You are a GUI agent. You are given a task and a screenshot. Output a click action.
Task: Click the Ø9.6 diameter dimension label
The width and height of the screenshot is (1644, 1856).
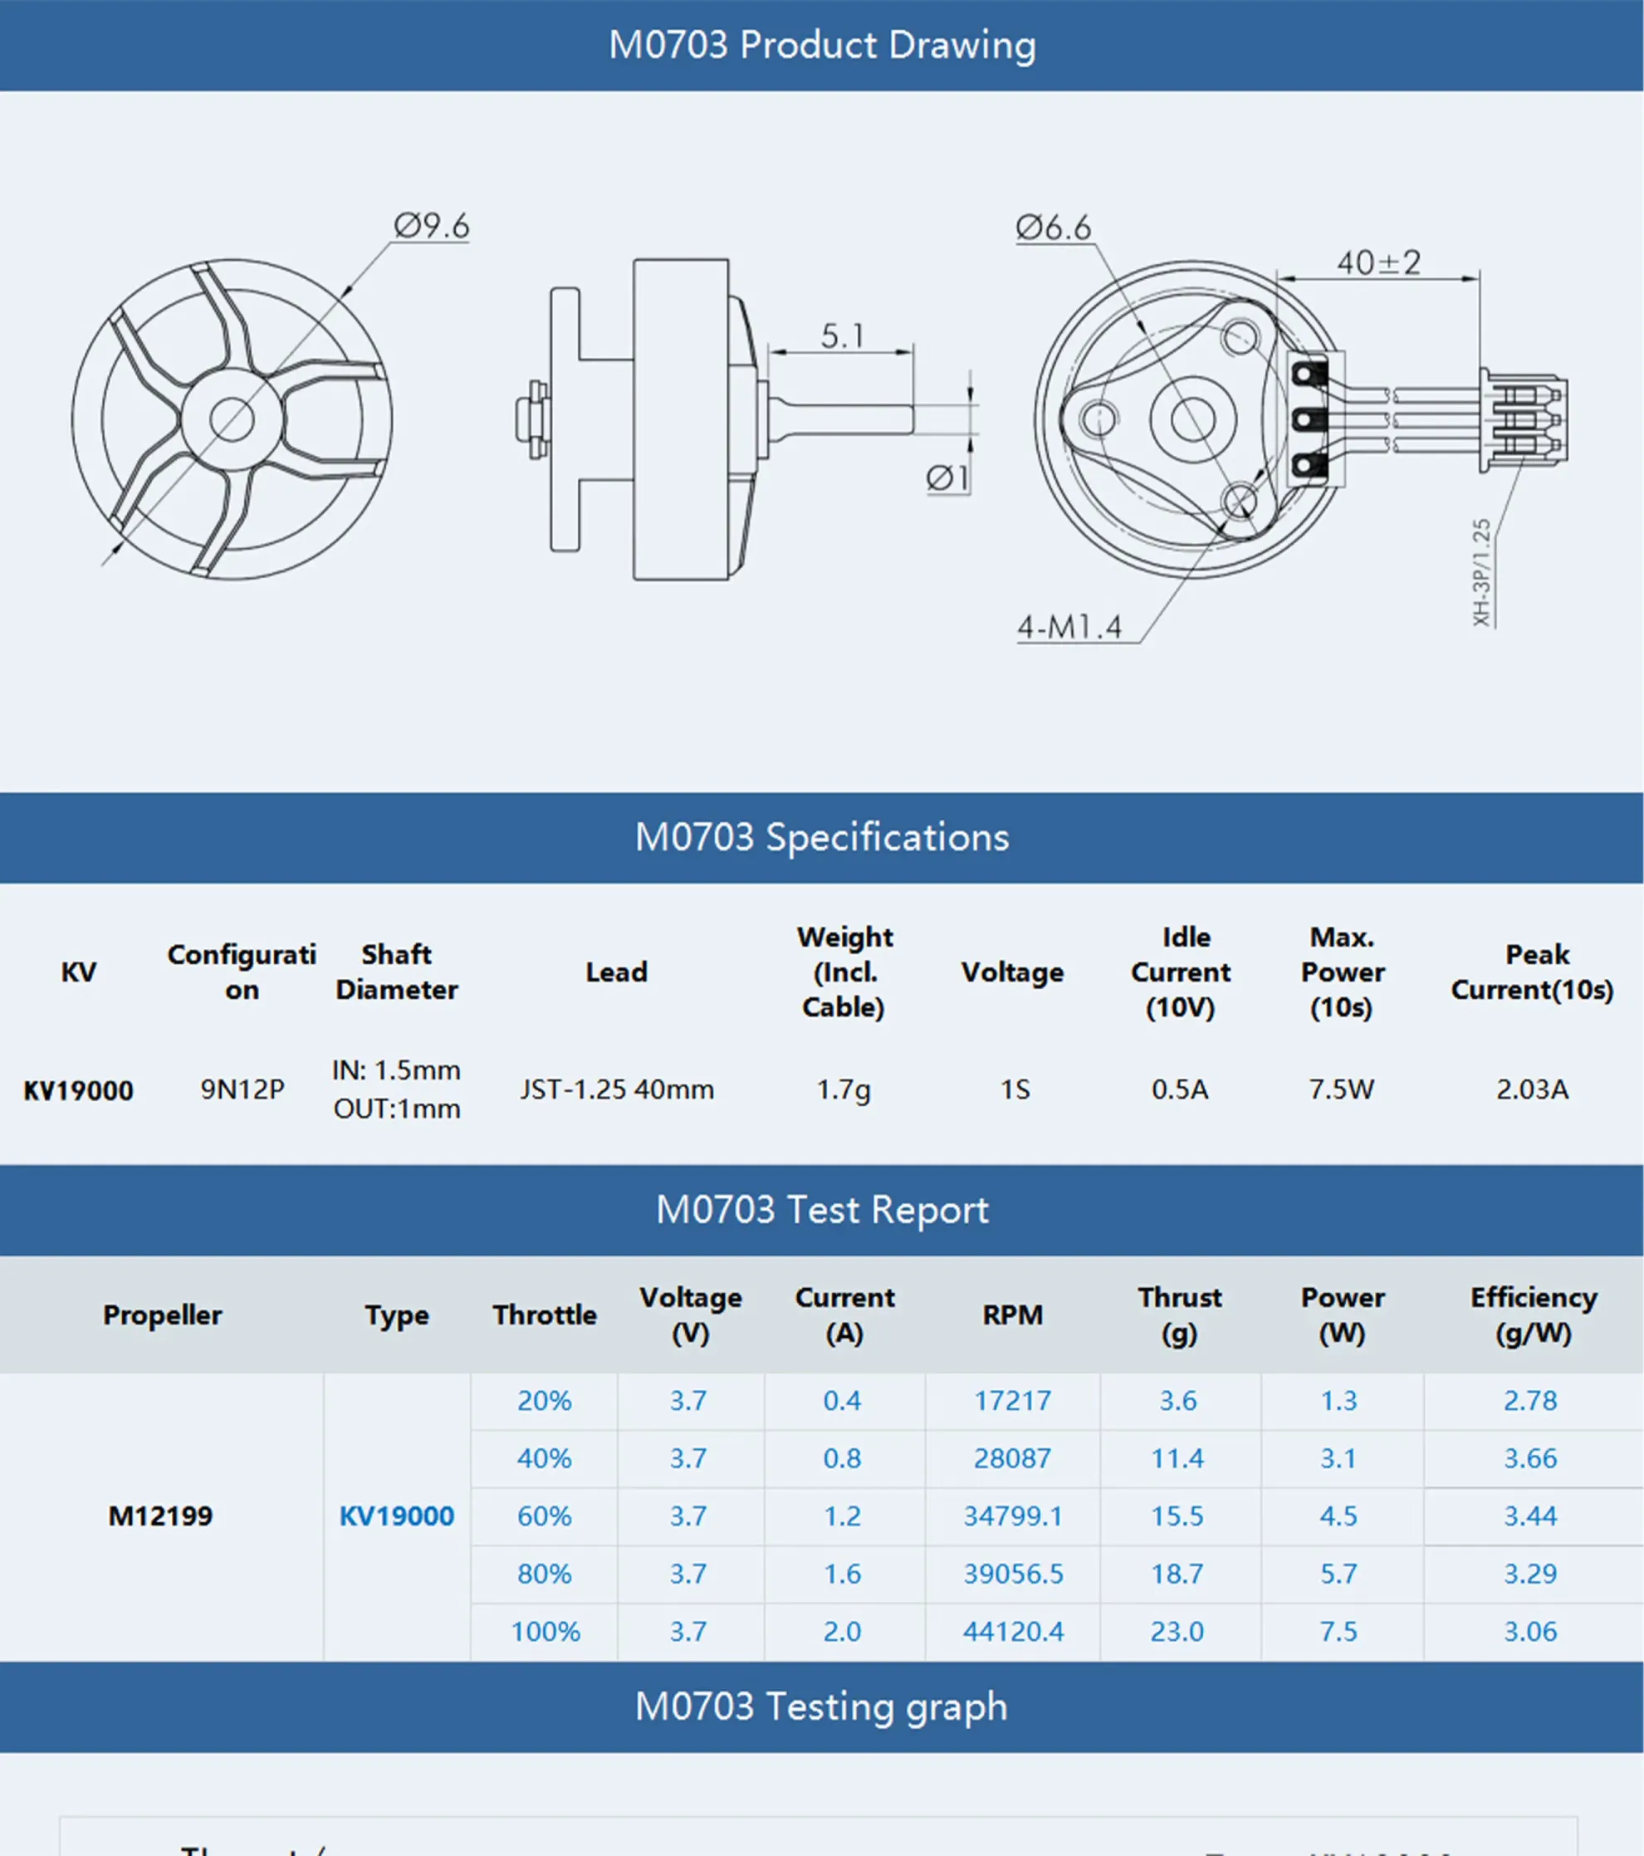431,225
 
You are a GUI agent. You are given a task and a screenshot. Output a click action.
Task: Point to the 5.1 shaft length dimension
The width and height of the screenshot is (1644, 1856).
842,336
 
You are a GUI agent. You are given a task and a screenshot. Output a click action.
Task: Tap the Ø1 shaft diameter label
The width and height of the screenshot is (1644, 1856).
947,477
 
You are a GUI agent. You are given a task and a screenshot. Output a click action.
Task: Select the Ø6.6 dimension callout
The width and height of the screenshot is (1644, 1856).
1053,227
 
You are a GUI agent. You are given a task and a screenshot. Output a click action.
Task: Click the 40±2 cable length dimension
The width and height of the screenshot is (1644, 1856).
1378,263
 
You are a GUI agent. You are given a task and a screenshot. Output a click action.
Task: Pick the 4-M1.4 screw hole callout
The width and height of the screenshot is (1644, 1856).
1069,626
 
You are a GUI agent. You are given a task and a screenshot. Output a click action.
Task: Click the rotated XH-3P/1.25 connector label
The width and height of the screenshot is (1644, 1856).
1481,572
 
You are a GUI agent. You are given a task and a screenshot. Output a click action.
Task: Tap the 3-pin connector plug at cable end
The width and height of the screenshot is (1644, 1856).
1525,419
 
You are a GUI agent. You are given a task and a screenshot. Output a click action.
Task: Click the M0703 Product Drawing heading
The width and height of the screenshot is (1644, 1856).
821,45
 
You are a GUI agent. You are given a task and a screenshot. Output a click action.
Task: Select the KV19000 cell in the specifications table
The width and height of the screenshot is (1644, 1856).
78,1090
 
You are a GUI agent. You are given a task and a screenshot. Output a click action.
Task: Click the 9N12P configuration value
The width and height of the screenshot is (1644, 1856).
242,1089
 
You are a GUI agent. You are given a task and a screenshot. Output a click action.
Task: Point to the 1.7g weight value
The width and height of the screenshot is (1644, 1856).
844,1089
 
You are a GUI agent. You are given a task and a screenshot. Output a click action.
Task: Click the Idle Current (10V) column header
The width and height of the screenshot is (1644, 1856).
1180,972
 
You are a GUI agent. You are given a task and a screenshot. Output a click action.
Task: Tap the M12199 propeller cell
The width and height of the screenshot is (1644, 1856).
161,1516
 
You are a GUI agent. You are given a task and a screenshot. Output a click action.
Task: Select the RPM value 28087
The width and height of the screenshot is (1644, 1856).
1012,1458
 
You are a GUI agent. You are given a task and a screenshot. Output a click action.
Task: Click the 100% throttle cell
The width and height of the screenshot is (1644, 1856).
545,1632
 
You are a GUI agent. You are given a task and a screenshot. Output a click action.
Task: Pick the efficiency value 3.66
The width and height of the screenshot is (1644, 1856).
1530,1458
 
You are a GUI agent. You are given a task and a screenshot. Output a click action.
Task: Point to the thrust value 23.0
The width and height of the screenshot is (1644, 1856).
1177,1632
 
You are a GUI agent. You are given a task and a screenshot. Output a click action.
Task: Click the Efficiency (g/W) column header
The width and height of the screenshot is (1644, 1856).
1533,1315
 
